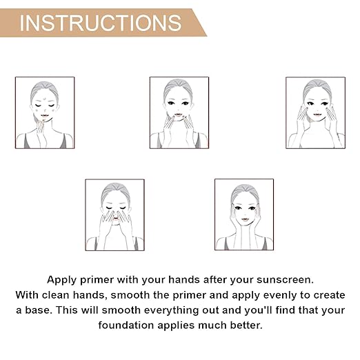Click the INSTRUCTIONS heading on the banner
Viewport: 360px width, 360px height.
coord(101,23)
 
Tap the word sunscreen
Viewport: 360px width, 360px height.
coord(285,280)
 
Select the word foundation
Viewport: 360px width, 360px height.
coord(126,326)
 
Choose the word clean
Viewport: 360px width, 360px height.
coord(56,295)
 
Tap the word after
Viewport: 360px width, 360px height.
coord(215,280)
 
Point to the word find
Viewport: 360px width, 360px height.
coord(285,310)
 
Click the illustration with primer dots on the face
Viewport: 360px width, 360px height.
coord(45,112)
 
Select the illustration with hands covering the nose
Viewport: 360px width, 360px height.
coord(114,214)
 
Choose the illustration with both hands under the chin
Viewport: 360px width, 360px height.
coord(179,112)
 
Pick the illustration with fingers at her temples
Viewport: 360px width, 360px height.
coord(244,214)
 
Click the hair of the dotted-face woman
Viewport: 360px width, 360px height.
coord(43,88)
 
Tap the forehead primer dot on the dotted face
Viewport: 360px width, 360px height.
coord(44,99)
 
